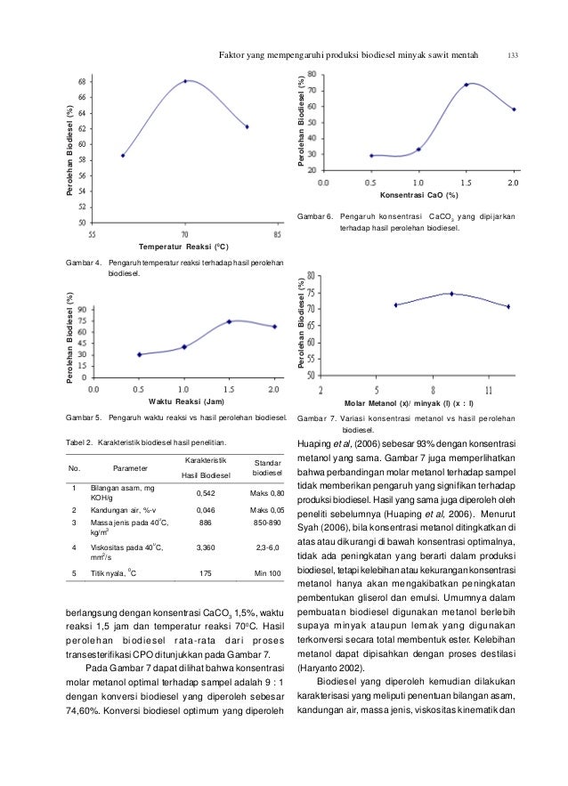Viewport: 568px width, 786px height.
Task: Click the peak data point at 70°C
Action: coord(185,81)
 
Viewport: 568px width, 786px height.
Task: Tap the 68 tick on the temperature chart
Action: coord(82,81)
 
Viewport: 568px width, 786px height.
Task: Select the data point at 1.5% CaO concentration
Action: coord(466,85)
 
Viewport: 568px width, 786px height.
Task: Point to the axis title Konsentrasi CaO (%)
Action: coord(418,195)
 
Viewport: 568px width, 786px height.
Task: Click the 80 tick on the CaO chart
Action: coord(312,74)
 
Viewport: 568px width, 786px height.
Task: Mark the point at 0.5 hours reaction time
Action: coord(140,354)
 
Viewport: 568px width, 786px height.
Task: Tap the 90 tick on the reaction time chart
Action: coord(83,310)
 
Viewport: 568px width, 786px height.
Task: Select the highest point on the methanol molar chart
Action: coord(451,294)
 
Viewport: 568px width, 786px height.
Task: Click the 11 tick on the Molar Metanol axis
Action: coord(489,391)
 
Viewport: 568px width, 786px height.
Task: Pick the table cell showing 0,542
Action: coord(206,493)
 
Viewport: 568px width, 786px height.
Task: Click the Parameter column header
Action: coord(130,468)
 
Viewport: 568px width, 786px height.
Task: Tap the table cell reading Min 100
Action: coord(268,573)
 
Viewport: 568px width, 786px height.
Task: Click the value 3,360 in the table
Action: coord(206,547)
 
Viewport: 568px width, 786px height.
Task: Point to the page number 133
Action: coord(512,55)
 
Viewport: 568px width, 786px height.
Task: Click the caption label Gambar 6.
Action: coord(315,216)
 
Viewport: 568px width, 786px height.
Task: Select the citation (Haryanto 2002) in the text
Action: coord(331,668)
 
